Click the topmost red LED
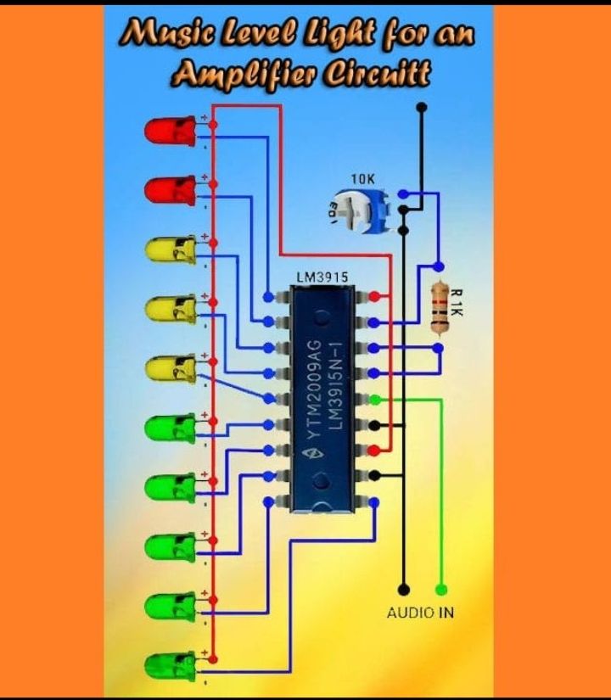pos(171,132)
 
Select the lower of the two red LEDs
pos(171,191)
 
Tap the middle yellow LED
pos(171,310)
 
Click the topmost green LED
pos(171,428)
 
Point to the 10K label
pos(362,180)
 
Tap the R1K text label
pos(456,303)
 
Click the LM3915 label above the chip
pos(322,277)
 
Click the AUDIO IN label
pos(420,613)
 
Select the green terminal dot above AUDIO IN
pos(441,590)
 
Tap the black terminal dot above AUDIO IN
pos(404,590)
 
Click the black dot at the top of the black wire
pos(422,107)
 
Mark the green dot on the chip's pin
pos(376,400)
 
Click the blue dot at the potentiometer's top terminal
pos(403,194)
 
